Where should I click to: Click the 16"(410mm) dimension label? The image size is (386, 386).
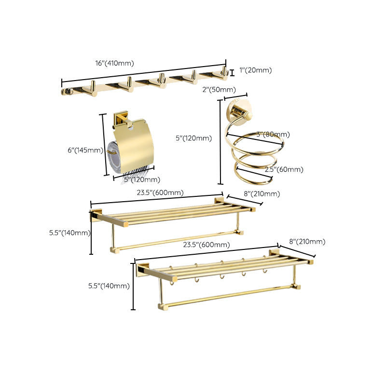point(114,63)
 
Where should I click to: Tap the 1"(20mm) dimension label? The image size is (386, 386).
point(255,70)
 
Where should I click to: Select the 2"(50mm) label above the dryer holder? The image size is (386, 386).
point(219,89)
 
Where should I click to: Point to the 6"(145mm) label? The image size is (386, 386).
point(85,150)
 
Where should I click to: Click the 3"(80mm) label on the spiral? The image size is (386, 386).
point(273,134)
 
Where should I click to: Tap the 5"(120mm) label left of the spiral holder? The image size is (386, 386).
point(193,138)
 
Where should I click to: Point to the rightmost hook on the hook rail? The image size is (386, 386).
point(223,73)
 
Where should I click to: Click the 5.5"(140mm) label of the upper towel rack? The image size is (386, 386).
point(69,233)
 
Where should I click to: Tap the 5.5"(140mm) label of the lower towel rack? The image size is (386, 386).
point(109,286)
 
